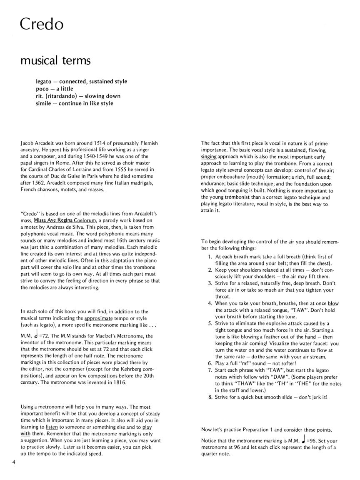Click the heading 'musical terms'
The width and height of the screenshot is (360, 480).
pos(55,60)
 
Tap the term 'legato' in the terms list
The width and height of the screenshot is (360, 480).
pos(44,81)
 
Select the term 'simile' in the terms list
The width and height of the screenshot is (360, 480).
pos(44,103)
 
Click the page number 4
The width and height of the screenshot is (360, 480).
pos(14,461)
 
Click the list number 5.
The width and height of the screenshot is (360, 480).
pos(210,323)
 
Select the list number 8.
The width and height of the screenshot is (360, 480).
pos(210,397)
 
